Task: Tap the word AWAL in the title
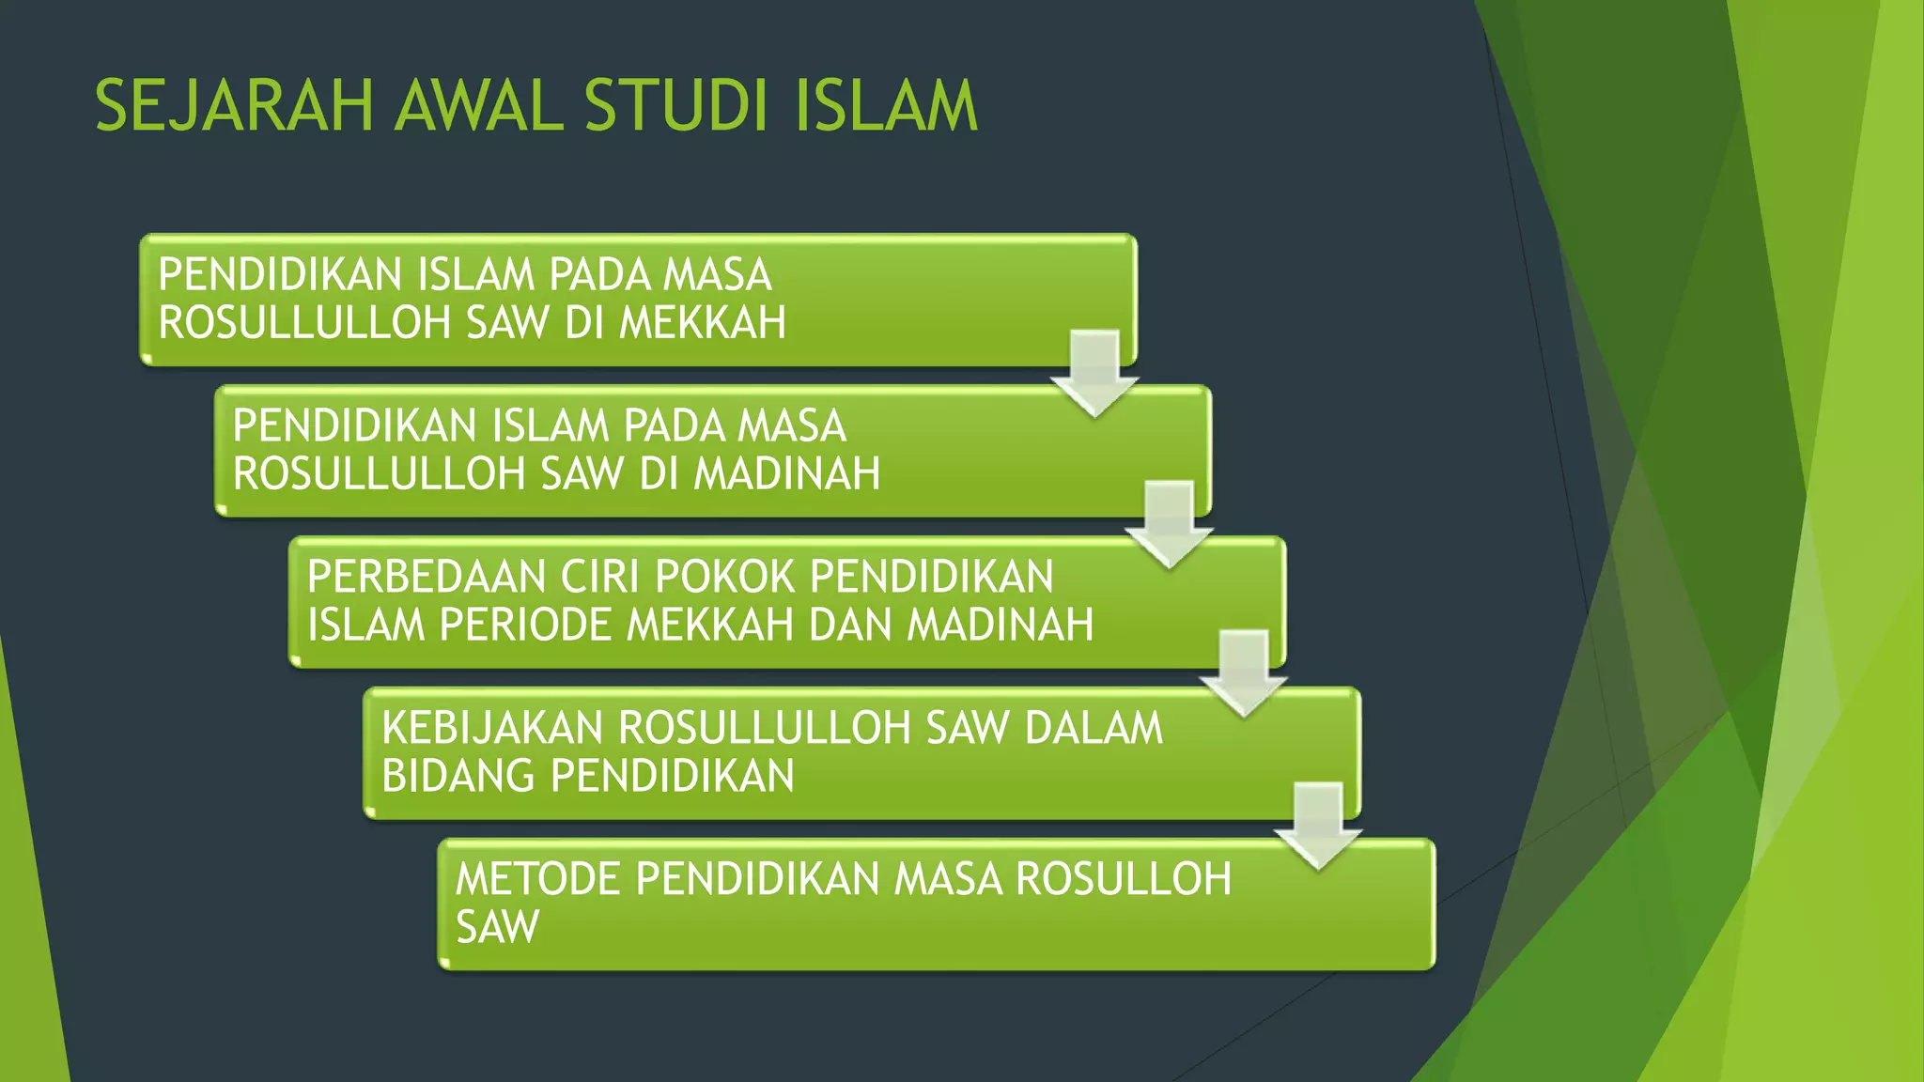[479, 105]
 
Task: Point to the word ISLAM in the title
[886, 105]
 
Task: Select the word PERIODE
[525, 626]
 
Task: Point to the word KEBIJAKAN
[492, 728]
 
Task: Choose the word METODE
[538, 879]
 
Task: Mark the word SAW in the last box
[497, 928]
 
